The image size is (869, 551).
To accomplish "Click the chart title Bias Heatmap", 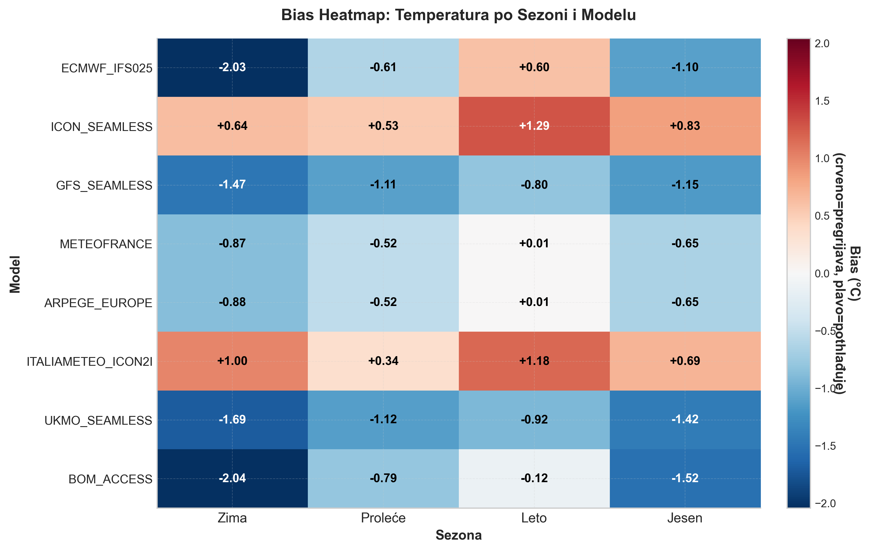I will click(x=458, y=15).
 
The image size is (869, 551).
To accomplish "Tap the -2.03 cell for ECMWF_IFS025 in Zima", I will click(x=232, y=67).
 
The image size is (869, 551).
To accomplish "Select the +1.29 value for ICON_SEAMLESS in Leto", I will click(x=534, y=126).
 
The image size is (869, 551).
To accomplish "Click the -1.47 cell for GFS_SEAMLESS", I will click(x=232, y=185).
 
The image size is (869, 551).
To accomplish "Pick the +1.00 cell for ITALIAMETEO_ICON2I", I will click(x=232, y=361).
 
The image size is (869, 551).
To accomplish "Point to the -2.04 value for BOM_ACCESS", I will click(x=232, y=478).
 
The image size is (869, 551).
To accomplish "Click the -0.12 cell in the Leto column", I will click(x=534, y=478).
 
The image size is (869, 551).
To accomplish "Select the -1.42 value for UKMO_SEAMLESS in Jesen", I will click(x=685, y=419).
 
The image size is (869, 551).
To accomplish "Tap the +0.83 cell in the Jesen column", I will click(x=685, y=126).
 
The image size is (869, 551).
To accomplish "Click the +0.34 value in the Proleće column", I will click(x=383, y=361).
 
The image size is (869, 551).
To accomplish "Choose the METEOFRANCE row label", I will click(x=106, y=244).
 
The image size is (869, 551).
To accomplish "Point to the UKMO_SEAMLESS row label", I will click(x=98, y=421).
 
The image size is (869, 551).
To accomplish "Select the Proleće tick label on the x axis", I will click(x=383, y=518).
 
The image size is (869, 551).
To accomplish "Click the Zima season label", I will click(x=232, y=518).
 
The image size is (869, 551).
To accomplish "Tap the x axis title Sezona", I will click(x=458, y=535).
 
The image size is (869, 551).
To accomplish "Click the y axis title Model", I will click(x=15, y=274).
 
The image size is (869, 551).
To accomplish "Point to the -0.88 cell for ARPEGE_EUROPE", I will click(x=232, y=302).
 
